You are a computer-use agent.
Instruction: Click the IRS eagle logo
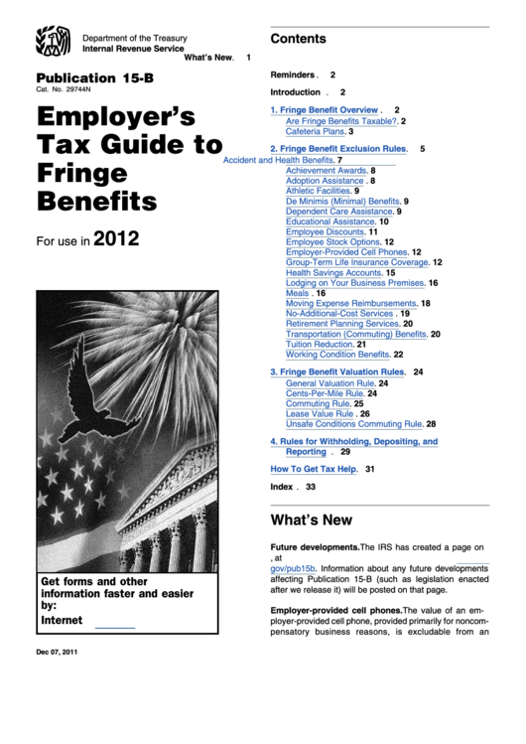click(x=53, y=43)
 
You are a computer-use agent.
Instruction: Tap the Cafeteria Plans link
click(x=316, y=131)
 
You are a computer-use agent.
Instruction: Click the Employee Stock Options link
click(x=332, y=241)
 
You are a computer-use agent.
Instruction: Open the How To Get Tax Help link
click(x=313, y=468)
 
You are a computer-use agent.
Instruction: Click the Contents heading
click(x=298, y=39)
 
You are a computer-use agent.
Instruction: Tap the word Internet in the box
click(x=62, y=620)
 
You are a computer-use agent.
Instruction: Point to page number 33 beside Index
click(x=311, y=487)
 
